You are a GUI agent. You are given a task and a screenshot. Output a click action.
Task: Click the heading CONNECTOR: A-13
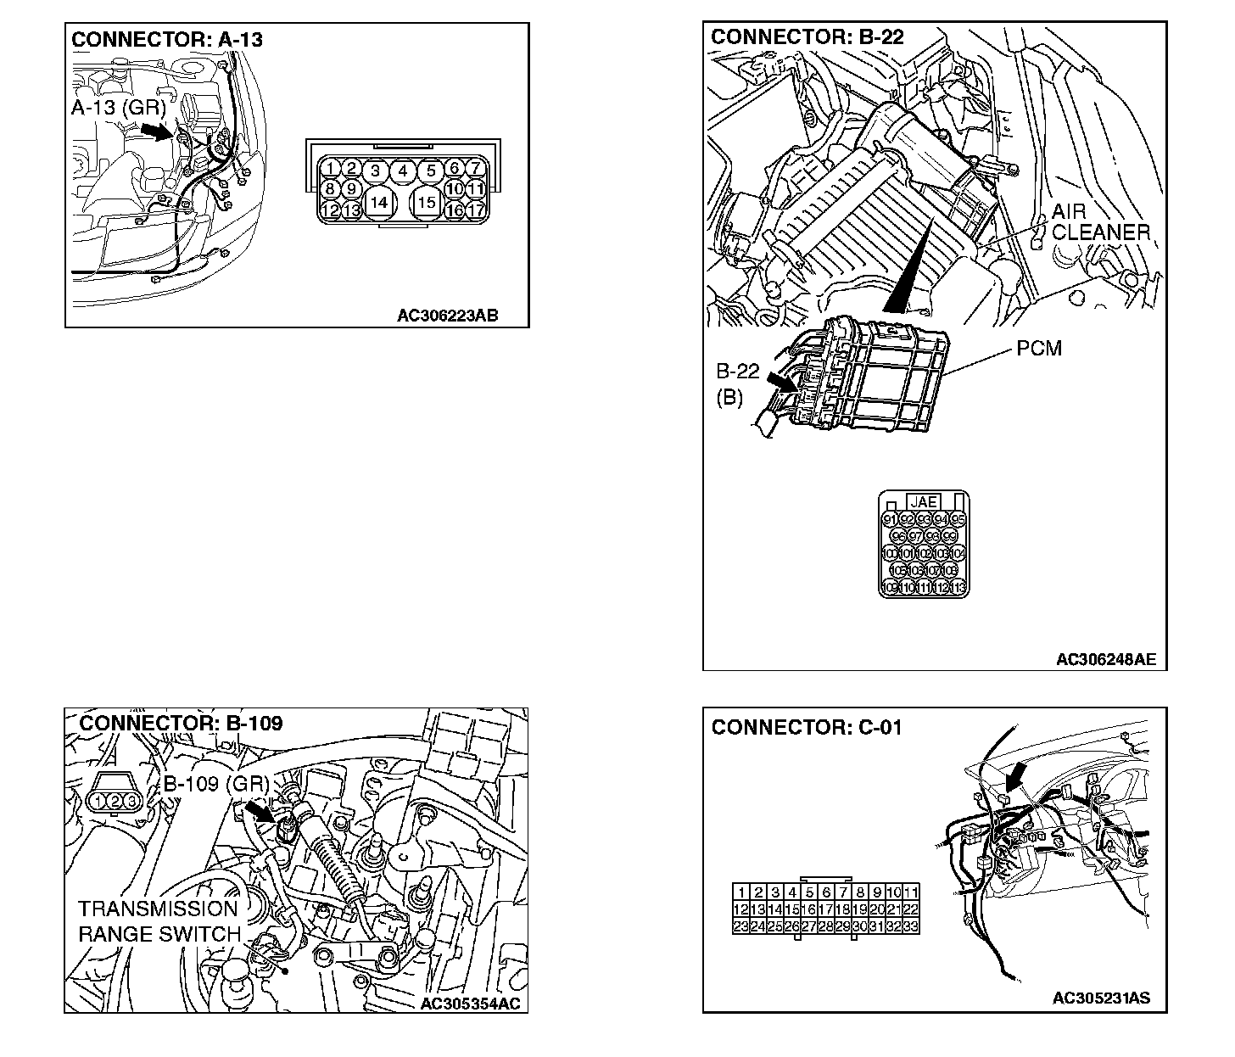(167, 39)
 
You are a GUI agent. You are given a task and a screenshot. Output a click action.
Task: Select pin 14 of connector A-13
(379, 202)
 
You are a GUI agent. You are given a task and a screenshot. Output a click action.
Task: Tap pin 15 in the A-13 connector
(427, 202)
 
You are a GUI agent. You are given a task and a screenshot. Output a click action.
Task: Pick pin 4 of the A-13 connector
(403, 171)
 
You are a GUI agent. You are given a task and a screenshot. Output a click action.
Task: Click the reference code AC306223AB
(447, 316)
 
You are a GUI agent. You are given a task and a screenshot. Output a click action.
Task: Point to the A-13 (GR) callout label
(119, 108)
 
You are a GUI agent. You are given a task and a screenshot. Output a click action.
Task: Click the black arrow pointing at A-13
(156, 131)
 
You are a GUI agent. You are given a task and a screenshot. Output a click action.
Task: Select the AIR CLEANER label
(1100, 221)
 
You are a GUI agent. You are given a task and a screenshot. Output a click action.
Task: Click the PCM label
(1038, 349)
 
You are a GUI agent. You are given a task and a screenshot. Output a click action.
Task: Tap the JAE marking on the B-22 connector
(923, 502)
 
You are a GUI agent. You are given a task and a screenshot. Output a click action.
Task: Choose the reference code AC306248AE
(1106, 659)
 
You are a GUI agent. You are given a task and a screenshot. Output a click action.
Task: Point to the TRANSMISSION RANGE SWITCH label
(159, 922)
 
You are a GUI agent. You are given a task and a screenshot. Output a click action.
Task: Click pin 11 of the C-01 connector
(910, 892)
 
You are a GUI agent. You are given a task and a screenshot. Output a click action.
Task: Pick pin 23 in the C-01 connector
(740, 926)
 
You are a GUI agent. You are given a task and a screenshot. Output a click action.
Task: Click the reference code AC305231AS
(1101, 998)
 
